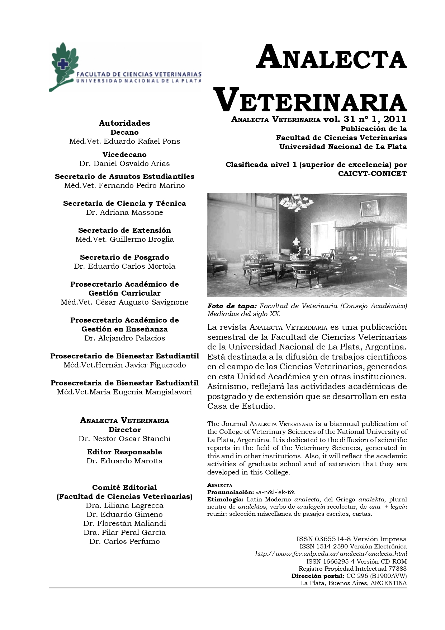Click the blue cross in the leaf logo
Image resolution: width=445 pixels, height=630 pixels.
63,64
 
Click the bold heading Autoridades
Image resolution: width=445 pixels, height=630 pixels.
124,123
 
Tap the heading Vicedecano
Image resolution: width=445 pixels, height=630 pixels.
124,154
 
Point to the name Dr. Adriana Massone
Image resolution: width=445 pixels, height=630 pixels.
124,212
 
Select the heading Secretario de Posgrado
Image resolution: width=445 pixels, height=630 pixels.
124,257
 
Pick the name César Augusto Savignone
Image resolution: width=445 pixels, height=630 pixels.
142,302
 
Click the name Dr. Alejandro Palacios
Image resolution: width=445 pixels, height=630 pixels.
124,338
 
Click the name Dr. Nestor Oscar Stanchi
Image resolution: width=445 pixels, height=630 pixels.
124,439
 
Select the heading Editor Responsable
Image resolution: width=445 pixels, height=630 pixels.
124,452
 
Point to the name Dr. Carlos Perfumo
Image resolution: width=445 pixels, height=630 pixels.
124,541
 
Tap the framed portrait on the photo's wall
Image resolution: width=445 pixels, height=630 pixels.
369,208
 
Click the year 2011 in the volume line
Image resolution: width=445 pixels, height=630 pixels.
394,119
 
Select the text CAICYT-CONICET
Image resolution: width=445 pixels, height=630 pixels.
372,174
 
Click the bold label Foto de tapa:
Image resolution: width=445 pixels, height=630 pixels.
232,306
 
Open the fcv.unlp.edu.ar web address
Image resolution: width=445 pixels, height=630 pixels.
331,554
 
